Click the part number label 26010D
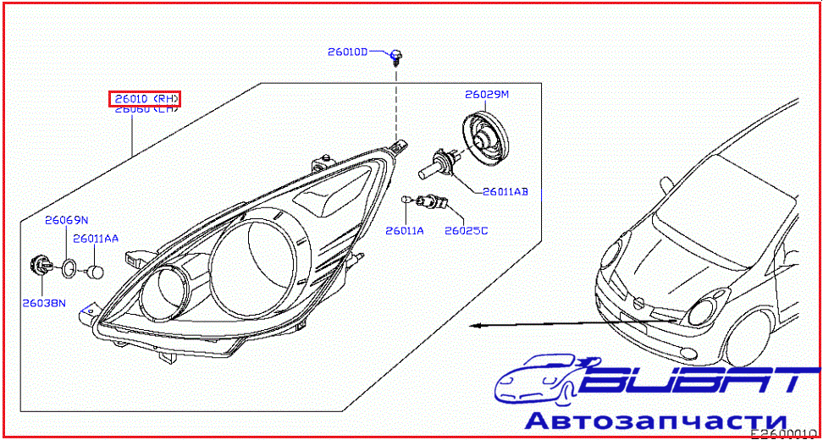pyautogui.click(x=348, y=52)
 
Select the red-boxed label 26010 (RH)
pyautogui.click(x=145, y=99)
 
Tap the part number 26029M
pyautogui.click(x=486, y=94)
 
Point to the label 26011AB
pyautogui.click(x=505, y=192)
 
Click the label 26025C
pyautogui.click(x=467, y=230)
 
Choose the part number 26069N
pyautogui.click(x=67, y=221)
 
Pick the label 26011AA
pyautogui.click(x=95, y=239)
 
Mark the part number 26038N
pyautogui.click(x=44, y=302)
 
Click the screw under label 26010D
pyautogui.click(x=396, y=57)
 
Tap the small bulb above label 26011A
pyautogui.click(x=406, y=200)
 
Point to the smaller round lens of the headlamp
pyautogui.click(x=166, y=292)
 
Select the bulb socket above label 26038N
pyautogui.click(x=39, y=265)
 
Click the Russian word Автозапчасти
pyautogui.click(x=656, y=421)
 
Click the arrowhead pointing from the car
pyautogui.click(x=478, y=325)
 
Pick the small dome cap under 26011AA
pyautogui.click(x=97, y=272)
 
